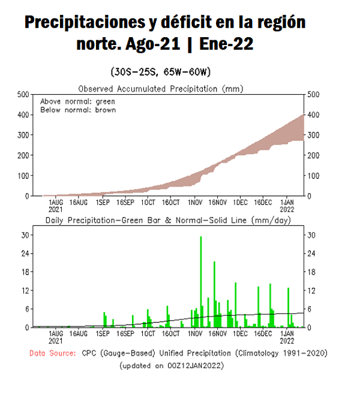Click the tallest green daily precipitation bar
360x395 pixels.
tap(200, 282)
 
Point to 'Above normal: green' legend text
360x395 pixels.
tap(77, 101)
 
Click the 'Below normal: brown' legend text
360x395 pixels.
tap(77, 110)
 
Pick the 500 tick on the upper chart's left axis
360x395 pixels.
tap(22, 94)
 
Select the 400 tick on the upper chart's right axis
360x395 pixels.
tap(313, 114)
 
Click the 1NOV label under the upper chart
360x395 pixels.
tap(194, 203)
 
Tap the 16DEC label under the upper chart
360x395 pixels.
tap(262, 203)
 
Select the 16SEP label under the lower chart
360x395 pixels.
tap(125, 333)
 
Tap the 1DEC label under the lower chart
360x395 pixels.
tap(240, 333)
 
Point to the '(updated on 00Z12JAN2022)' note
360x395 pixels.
tap(171, 365)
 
